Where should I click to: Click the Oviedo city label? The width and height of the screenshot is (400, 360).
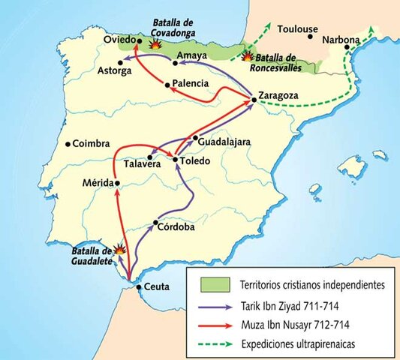click(x=117, y=39)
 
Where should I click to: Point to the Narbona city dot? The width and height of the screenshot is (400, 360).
click(x=346, y=47)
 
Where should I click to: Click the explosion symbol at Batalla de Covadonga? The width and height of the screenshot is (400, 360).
click(x=156, y=44)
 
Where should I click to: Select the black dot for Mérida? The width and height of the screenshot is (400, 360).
click(x=117, y=182)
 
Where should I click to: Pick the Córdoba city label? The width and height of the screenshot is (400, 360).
click(x=179, y=226)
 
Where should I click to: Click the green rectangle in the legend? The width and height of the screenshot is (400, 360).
click(x=212, y=285)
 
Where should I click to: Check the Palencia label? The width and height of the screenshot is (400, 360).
click(x=190, y=83)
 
